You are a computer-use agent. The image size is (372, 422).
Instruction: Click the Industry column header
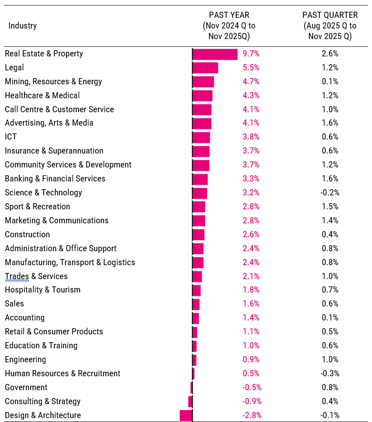click(x=22, y=26)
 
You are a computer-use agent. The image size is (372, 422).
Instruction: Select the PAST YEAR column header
click(x=229, y=26)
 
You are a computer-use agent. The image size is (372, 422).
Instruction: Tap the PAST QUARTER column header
click(x=330, y=26)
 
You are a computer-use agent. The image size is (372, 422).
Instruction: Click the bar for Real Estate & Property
click(x=215, y=54)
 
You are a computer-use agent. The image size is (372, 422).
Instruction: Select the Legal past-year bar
click(x=205, y=68)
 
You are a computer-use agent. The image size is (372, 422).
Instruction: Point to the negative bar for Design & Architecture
click(x=186, y=415)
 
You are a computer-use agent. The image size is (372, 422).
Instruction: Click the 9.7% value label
click(x=251, y=54)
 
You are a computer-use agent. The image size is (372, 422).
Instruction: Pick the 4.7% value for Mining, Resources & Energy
click(x=251, y=81)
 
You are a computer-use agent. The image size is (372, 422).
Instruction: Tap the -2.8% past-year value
click(x=252, y=415)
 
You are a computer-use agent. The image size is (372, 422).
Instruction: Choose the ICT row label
click(x=11, y=137)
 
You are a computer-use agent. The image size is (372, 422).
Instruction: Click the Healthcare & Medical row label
click(x=42, y=95)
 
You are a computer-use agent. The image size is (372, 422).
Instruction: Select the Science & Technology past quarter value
click(x=330, y=193)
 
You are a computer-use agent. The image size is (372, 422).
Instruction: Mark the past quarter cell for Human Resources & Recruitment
click(x=330, y=373)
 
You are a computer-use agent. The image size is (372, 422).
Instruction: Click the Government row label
click(x=26, y=387)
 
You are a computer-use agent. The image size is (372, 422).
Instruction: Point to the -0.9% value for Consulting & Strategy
click(x=252, y=401)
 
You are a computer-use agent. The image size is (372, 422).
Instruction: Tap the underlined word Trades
click(x=17, y=276)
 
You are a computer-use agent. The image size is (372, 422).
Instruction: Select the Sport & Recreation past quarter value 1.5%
click(x=330, y=207)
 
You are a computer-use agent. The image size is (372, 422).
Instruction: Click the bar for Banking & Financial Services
click(x=200, y=179)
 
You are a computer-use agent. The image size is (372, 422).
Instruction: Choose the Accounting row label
click(x=25, y=318)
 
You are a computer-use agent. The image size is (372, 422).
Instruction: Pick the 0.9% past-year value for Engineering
click(x=251, y=359)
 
